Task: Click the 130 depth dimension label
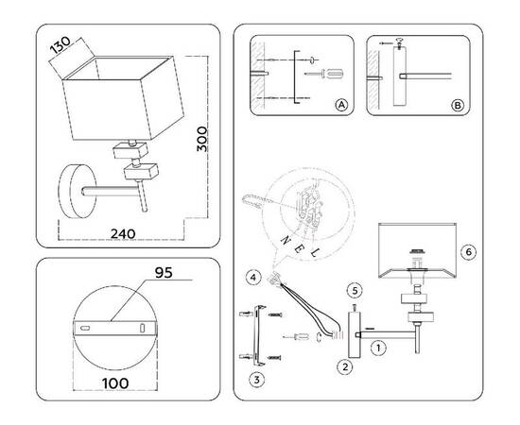tap(61, 44)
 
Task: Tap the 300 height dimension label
tap(202, 139)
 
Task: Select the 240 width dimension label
tap(123, 234)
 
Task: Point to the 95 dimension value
tap(164, 273)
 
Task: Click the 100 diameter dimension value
tap(115, 383)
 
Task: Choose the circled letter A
tap(341, 106)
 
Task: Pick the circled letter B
tap(458, 106)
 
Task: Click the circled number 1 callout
tap(378, 348)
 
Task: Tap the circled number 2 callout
tap(345, 367)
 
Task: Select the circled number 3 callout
tap(256, 380)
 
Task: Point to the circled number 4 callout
tap(253, 278)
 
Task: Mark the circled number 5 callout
tap(355, 291)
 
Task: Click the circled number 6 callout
tap(469, 252)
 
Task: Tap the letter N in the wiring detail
tap(286, 240)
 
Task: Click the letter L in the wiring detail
tap(313, 253)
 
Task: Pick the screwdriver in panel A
tap(323, 74)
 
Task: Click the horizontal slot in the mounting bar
tap(85, 328)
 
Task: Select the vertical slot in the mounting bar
tap(142, 328)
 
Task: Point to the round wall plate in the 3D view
tap(77, 191)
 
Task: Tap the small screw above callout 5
tap(355, 308)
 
